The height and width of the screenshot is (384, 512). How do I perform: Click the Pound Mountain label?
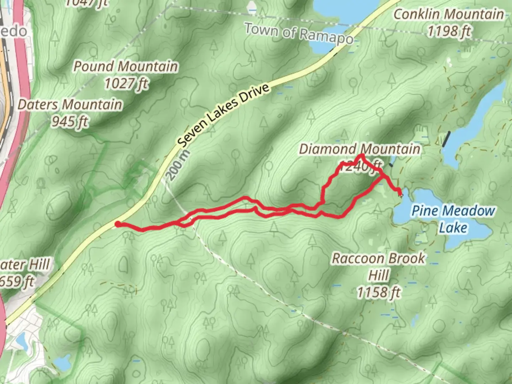tap(126, 66)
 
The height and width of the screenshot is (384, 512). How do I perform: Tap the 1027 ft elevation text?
tap(126, 84)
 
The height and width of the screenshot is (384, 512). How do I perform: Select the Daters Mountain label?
tap(70, 105)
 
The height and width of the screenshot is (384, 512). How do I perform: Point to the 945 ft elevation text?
tap(70, 122)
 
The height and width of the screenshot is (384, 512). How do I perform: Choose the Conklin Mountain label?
tap(449, 15)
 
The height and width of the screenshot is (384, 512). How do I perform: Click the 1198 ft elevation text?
tap(449, 32)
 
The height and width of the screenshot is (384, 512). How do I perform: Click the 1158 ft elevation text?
tap(378, 293)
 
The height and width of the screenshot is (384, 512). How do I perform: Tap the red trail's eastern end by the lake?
tap(401, 194)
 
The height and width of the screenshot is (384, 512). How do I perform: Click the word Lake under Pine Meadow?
tap(453, 228)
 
